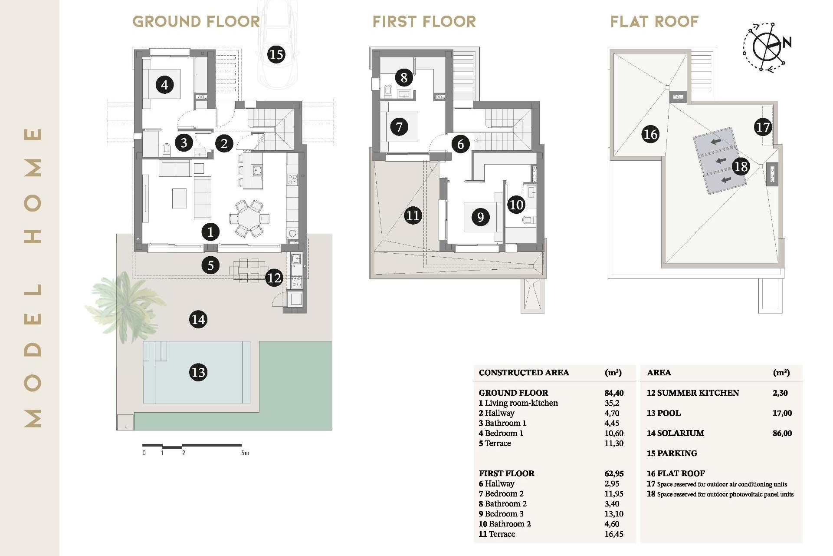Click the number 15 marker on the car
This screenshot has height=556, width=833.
click(x=276, y=55)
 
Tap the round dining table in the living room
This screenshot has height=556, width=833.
click(x=249, y=218)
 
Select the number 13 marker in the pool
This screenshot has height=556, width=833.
click(x=198, y=372)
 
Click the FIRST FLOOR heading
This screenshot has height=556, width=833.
click(x=424, y=22)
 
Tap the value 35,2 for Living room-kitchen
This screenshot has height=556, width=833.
click(x=612, y=403)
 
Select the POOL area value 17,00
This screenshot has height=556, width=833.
click(x=782, y=413)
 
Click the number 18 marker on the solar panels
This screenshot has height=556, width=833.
click(x=741, y=166)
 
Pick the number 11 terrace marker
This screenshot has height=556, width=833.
click(x=413, y=215)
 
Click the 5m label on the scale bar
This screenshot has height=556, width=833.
click(x=245, y=453)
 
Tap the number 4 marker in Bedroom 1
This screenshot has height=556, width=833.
click(x=164, y=85)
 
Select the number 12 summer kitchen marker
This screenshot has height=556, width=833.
click(x=274, y=278)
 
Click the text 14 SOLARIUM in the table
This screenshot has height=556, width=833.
click(x=675, y=433)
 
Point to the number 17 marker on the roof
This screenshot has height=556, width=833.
click(x=762, y=127)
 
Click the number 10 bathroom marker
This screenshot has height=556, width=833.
click(x=516, y=205)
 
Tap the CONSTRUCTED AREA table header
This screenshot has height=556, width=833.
click(x=523, y=373)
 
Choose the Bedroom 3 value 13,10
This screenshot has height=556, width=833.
click(x=613, y=514)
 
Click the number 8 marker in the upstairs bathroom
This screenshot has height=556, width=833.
click(x=403, y=78)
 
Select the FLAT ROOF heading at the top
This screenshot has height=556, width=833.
click(x=654, y=22)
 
